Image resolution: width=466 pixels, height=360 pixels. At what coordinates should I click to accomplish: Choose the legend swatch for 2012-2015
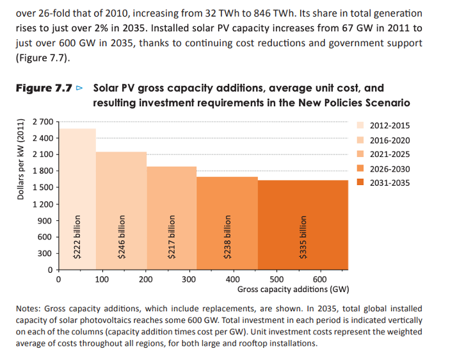[x=360, y=126]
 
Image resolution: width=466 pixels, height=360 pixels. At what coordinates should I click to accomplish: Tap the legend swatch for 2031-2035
[x=360, y=183]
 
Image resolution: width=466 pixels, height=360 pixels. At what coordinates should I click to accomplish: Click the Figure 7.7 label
[x=44, y=88]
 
